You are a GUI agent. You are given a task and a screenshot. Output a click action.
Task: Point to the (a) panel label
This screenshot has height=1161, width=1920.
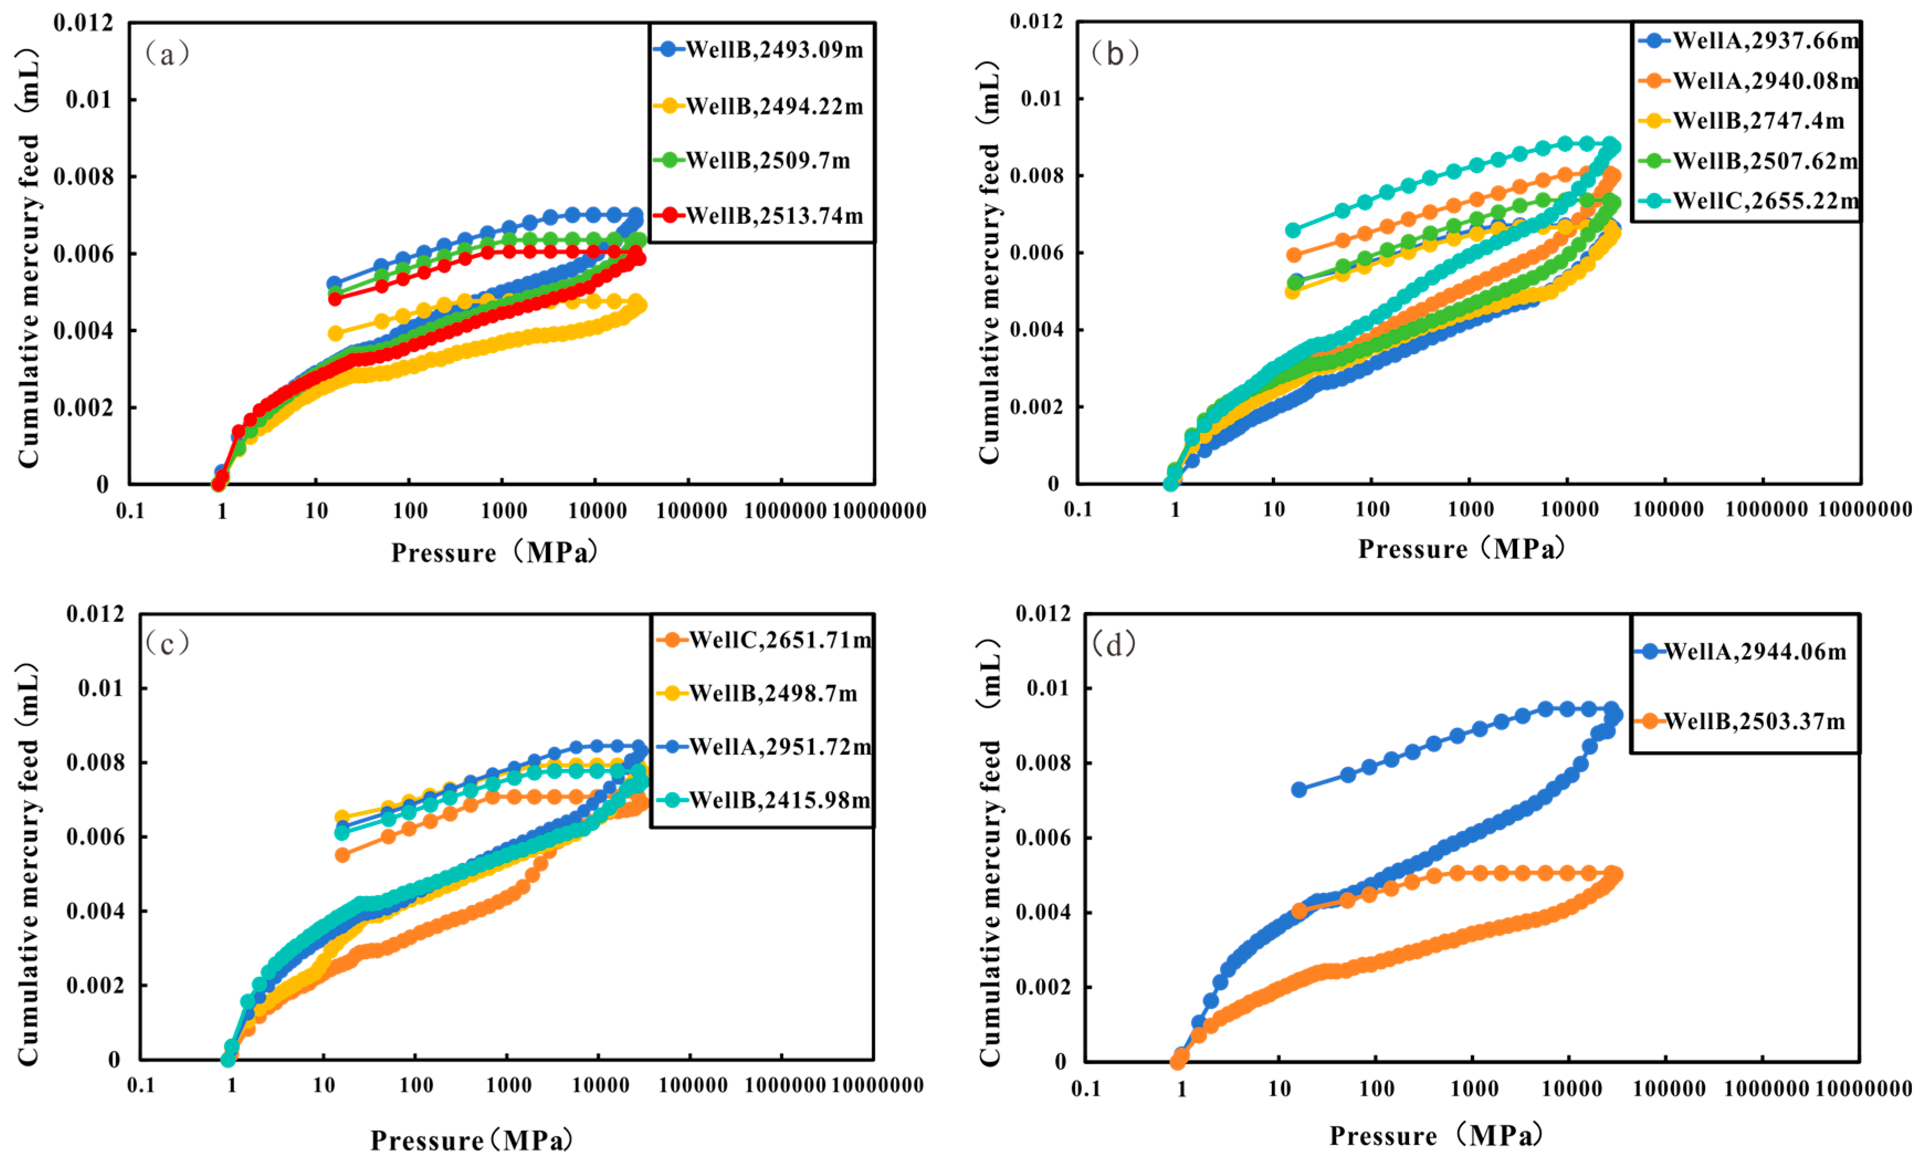click(x=167, y=54)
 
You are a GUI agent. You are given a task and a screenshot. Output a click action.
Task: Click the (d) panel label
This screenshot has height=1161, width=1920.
click(x=1114, y=644)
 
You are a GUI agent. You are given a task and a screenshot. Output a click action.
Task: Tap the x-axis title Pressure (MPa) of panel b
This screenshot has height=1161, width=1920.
click(x=1461, y=549)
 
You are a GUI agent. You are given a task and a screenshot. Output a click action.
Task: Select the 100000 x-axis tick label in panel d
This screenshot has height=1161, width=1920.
click(x=1668, y=1089)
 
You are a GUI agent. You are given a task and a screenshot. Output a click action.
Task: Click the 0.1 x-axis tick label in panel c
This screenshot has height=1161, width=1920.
click(x=141, y=1085)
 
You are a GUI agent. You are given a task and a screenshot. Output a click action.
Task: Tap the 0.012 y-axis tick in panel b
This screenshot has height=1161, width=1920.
click(x=1037, y=22)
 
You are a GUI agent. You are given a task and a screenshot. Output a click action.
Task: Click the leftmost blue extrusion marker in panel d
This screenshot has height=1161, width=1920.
click(x=1299, y=790)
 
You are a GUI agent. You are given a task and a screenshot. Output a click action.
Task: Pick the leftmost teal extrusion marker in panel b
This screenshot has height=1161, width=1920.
click(x=1293, y=230)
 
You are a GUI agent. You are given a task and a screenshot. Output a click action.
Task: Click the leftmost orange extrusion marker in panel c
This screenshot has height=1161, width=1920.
click(x=342, y=855)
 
